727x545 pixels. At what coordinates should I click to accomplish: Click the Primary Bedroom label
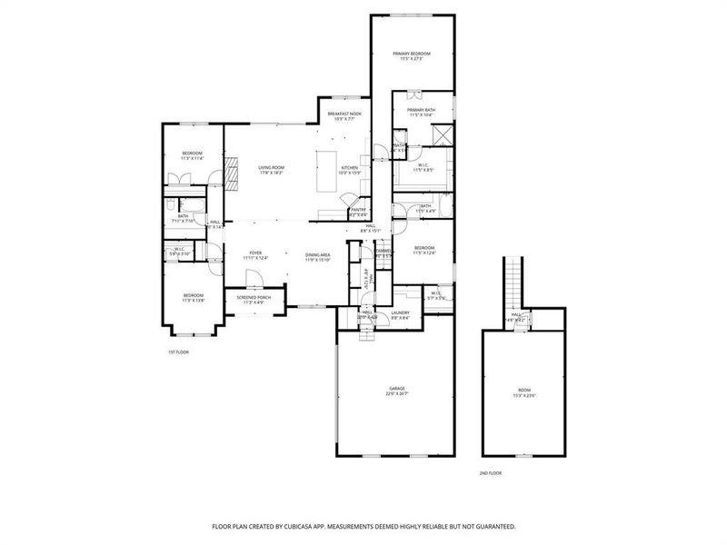click(x=412, y=54)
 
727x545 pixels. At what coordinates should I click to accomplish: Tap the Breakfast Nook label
click(x=344, y=114)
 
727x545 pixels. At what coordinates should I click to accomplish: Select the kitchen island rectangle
click(x=326, y=172)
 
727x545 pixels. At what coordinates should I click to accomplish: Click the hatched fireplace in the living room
click(x=233, y=171)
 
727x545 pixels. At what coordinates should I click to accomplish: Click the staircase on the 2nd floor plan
click(x=514, y=282)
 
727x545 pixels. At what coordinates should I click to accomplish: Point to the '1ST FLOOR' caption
click(x=177, y=352)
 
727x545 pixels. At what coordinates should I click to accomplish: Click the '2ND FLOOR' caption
click(x=490, y=473)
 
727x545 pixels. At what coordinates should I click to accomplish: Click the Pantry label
click(x=358, y=210)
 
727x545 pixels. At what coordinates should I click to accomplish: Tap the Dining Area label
click(x=318, y=255)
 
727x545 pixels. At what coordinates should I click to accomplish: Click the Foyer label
click(x=255, y=254)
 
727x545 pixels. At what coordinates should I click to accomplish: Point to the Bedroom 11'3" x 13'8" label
click(x=193, y=295)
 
